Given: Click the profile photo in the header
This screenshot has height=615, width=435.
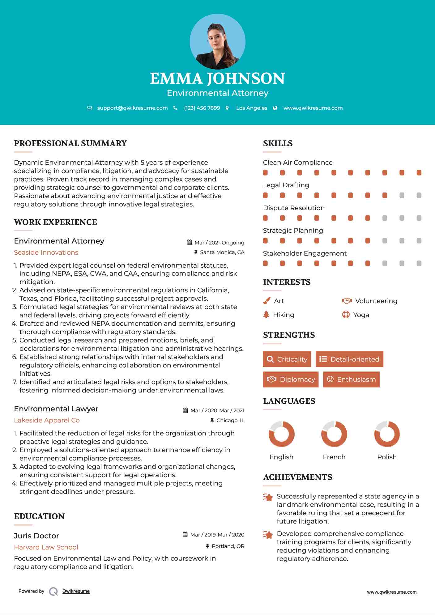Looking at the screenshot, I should [217, 41].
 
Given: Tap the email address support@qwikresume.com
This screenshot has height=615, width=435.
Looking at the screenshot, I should [132, 108].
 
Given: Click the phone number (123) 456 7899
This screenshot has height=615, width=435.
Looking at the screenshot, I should [202, 108].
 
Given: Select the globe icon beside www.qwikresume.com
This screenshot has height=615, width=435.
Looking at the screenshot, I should [275, 108].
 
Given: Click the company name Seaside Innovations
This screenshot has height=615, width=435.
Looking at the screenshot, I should [46, 252].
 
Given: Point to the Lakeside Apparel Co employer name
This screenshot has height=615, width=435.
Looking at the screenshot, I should [47, 420].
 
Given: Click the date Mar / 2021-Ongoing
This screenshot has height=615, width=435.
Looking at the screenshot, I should [219, 243].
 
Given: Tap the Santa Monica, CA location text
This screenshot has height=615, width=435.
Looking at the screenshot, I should [222, 252].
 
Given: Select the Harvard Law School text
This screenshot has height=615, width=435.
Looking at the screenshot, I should [46, 547].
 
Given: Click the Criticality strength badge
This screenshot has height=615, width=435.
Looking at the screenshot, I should [287, 359].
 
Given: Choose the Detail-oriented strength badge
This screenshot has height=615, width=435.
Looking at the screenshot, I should [349, 359].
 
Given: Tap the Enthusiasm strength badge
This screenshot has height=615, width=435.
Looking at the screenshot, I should [351, 379].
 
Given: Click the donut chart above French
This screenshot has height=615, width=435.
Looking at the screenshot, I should [334, 434].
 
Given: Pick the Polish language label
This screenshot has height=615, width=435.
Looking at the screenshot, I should [387, 457].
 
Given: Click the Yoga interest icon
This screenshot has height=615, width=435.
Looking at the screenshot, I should [346, 315].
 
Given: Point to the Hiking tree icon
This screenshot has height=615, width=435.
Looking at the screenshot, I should [266, 315].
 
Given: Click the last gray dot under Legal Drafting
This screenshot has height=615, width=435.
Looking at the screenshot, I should [419, 195].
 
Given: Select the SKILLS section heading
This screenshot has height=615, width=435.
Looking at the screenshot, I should [278, 143].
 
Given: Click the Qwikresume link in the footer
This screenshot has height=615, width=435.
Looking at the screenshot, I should [76, 591].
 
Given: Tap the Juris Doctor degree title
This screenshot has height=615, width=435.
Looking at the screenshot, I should [36, 536].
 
